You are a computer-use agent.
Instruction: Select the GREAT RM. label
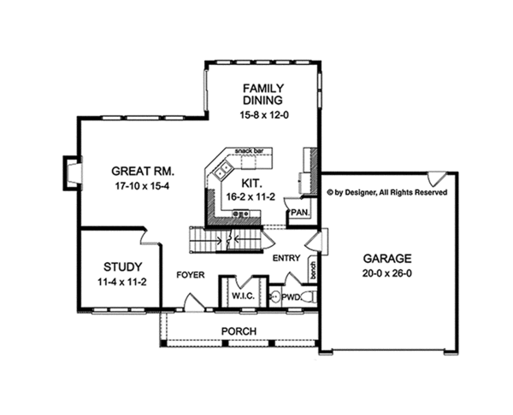point(125,169)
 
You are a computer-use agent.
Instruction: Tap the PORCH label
point(239,331)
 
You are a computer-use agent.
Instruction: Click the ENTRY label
point(286,256)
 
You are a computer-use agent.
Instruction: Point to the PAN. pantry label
point(299,211)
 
